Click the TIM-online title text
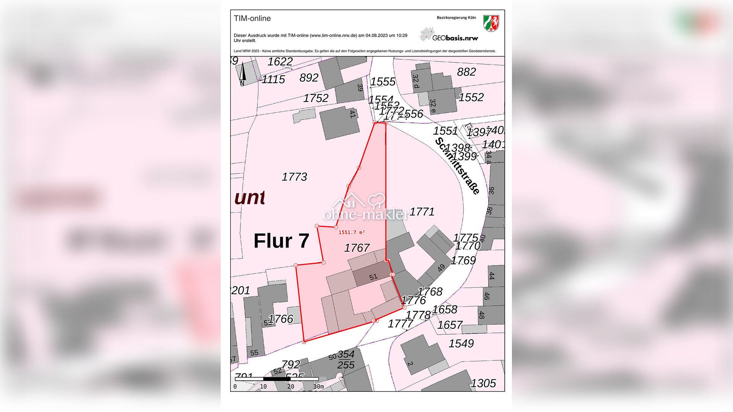pyautogui.click(x=252, y=18)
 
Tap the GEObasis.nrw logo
pyautogui.click(x=449, y=35)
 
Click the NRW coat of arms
pyautogui.click(x=491, y=23)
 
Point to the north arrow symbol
pyautogui.click(x=242, y=73)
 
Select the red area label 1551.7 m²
pyautogui.click(x=352, y=232)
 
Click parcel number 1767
pyautogui.click(x=357, y=248)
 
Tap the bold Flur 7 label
pyautogui.click(x=281, y=241)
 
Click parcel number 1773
pyautogui.click(x=294, y=177)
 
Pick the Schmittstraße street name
pyautogui.click(x=457, y=166)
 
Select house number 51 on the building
pyautogui.click(x=373, y=277)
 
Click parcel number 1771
pyautogui.click(x=422, y=212)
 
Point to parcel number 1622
pyautogui.click(x=280, y=61)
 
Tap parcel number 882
pyautogui.click(x=466, y=72)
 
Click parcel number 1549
pyautogui.click(x=461, y=343)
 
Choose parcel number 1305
pyautogui.click(x=483, y=383)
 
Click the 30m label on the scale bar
pyautogui.click(x=319, y=386)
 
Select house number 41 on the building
pyautogui.click(x=352, y=113)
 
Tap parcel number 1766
pyautogui.click(x=281, y=319)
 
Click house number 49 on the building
pyautogui.click(x=441, y=268)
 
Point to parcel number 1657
pyautogui.click(x=450, y=325)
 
